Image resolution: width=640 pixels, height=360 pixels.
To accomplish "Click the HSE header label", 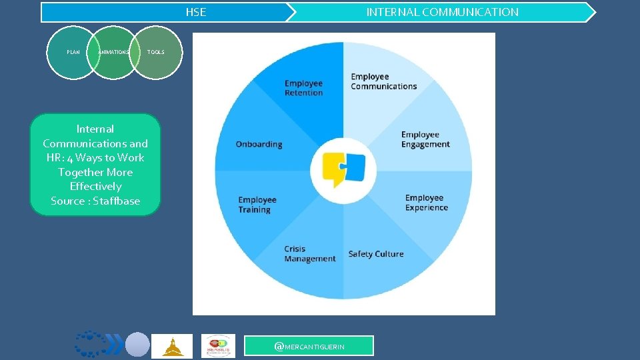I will tap(195, 12).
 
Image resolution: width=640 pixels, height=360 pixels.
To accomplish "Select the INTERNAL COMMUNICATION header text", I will tap(442, 12).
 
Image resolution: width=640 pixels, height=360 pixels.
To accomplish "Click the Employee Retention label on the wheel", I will tap(303, 88).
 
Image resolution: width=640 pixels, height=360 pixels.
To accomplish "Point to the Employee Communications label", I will tap(383, 81).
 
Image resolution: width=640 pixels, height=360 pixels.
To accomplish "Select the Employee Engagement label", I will tap(425, 139).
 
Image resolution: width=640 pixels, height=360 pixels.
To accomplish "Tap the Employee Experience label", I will tap(427, 203).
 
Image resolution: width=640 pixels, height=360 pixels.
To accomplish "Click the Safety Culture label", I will tap(375, 254).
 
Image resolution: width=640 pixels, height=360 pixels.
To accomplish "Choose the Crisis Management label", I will tap(309, 254).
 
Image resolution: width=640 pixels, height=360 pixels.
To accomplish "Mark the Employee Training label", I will tap(257, 205).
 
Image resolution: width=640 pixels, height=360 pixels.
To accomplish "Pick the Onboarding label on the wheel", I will tap(259, 144).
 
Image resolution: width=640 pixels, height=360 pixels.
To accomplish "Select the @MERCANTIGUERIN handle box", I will tap(309, 346).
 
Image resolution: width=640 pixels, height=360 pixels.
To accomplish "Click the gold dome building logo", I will tap(172, 346).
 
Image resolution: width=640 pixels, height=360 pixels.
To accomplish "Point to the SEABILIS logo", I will tap(218, 346).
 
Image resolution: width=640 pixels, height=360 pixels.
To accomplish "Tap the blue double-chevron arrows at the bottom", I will tap(114, 345).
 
